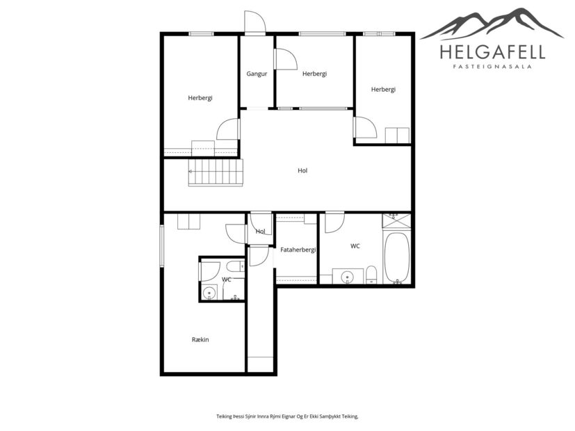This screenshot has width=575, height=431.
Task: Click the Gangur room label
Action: click(257, 74)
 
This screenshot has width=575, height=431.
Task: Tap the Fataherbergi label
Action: click(298, 249)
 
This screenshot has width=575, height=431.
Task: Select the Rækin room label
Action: click(200, 339)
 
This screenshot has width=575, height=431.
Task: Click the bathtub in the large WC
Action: click(397, 258)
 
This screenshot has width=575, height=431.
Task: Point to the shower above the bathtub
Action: click(396, 222)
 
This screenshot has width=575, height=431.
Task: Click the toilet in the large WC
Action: click(371, 275)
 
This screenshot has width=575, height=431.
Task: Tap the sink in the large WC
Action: click(348, 277)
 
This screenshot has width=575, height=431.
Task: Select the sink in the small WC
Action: click(209, 293)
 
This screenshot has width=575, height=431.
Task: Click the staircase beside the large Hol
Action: click(216, 172)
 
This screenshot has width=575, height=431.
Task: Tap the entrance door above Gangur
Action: click(254, 23)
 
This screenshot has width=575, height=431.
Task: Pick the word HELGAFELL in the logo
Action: click(492, 52)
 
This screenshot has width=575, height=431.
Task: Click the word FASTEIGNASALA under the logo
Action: click(492, 67)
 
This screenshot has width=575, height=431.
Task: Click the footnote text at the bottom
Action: click(287, 416)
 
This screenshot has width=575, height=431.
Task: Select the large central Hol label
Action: click(302, 170)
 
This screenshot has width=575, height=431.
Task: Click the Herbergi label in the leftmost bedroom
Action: click(200, 98)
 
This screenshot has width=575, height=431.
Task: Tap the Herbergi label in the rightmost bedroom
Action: click(383, 89)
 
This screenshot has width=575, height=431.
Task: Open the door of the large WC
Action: click(334, 222)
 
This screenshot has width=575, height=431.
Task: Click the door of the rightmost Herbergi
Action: click(364, 127)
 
